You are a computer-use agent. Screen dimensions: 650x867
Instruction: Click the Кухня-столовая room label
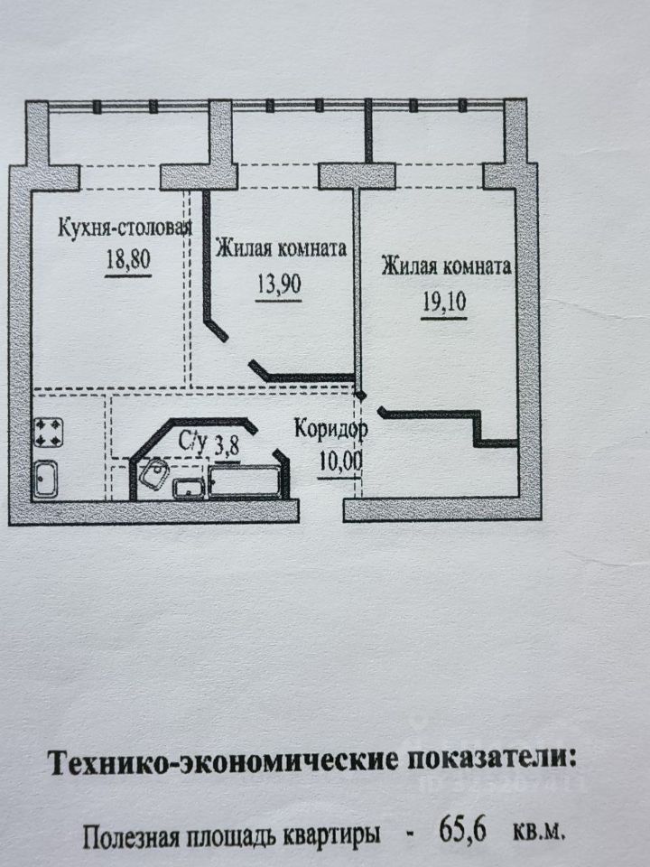pos(125,226)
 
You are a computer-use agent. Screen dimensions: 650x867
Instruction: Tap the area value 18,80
pos(126,261)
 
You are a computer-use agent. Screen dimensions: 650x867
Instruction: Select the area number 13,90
pos(278,284)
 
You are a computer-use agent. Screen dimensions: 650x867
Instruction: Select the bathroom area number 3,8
pos(227,444)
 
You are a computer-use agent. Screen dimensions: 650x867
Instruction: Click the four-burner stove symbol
pos(48,432)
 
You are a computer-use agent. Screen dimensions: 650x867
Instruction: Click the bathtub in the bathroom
pos(244,481)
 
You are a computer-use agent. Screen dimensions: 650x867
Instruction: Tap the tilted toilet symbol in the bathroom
pos(153,473)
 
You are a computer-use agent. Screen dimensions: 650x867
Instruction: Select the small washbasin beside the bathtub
pos(189,488)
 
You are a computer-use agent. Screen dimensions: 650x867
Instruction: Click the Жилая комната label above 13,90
pos(281,248)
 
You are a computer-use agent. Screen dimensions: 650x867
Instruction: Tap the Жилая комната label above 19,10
pos(447,267)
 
